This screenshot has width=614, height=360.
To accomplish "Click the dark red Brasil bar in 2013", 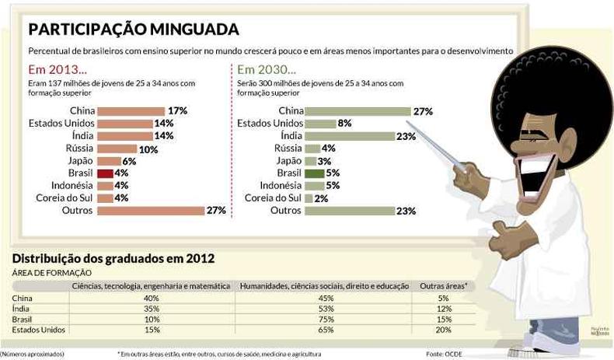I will (x=105, y=173).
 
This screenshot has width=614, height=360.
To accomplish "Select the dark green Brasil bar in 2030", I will (x=313, y=173).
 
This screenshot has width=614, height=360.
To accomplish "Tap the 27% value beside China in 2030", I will (x=423, y=111).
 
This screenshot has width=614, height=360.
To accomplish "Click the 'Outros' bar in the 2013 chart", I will (x=150, y=210).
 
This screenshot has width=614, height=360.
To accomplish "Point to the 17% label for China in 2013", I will (x=177, y=111).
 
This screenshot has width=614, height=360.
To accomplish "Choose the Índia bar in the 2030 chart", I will (x=350, y=135).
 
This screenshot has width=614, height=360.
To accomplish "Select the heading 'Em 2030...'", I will (x=266, y=68).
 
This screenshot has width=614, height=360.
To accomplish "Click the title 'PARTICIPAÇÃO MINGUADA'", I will (x=133, y=30).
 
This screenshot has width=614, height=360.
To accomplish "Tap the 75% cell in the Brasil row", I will (x=326, y=320).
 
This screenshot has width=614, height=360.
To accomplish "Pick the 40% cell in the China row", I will (x=152, y=298).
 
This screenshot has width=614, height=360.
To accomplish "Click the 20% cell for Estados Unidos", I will (x=444, y=330).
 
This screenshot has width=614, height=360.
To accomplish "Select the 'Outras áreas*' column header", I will (x=444, y=286).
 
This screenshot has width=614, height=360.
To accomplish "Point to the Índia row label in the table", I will (x=21, y=309).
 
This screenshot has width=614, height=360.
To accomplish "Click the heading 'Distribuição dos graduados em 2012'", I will (x=113, y=258).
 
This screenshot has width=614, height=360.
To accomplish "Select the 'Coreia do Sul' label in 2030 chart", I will (x=271, y=198).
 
